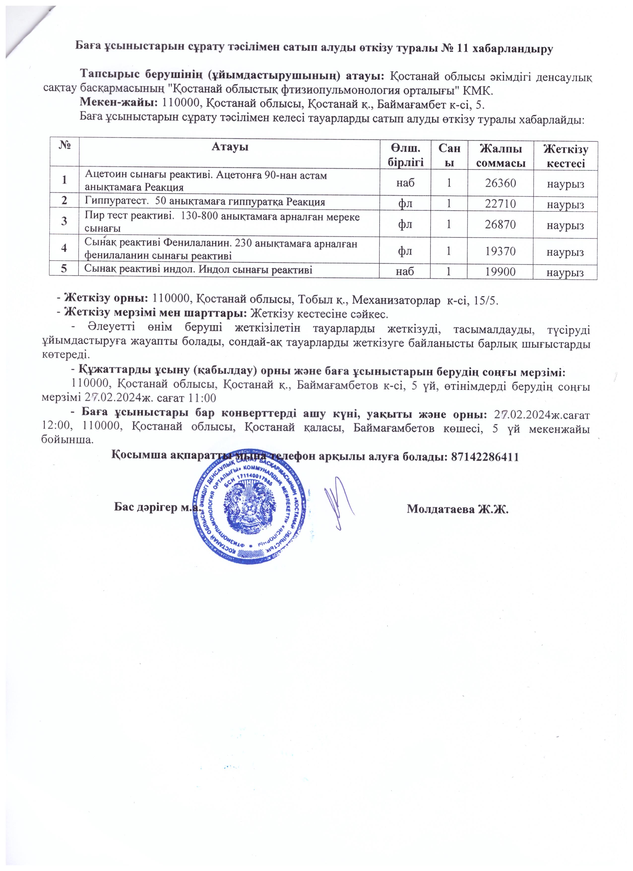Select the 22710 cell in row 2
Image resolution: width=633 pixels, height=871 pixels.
(x=501, y=203)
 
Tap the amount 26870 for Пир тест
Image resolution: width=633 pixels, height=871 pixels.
(x=501, y=225)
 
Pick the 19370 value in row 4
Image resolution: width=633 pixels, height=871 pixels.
(x=501, y=252)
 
